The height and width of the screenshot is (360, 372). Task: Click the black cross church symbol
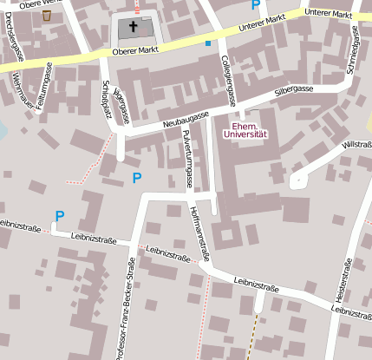click(134, 26)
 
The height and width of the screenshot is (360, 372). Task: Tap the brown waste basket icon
click(46, 15)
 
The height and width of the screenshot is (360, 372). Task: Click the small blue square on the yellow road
click(207, 43)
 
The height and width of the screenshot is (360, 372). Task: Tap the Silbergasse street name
click(292, 89)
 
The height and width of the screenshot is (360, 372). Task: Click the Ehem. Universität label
click(245, 130)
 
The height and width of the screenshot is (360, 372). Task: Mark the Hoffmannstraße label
click(200, 232)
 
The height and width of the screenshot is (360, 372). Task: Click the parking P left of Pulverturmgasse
click(136, 178)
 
